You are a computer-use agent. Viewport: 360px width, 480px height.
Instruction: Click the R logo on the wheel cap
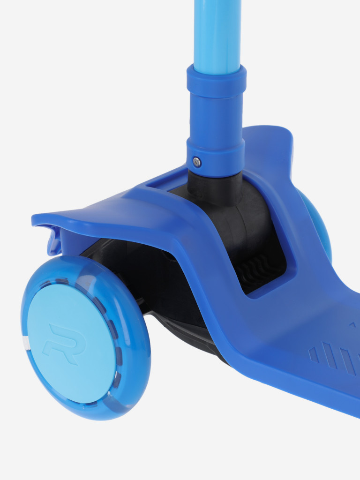pyautogui.click(x=65, y=344)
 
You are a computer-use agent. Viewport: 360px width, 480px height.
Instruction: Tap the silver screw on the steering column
pyautogui.click(x=197, y=162)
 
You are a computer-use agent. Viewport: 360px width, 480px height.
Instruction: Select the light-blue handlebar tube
pyautogui.click(x=217, y=37)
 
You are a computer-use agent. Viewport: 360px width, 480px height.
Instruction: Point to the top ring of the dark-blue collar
pyautogui.click(x=217, y=82)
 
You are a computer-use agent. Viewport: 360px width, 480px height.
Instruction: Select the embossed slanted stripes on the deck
pyautogui.click(x=334, y=358)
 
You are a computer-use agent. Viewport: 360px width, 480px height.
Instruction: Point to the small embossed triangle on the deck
pyautogui.click(x=352, y=324)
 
